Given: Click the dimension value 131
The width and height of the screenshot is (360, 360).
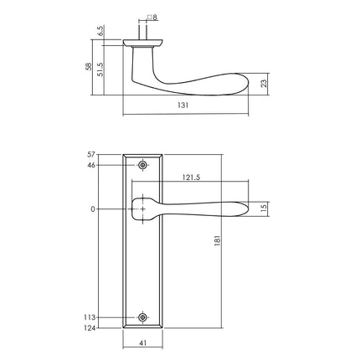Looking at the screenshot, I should tap(183, 106).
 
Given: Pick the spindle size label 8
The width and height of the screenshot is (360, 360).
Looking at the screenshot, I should tap(154, 17).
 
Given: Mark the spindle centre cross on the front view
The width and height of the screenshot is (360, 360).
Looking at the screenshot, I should tap(143, 208).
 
